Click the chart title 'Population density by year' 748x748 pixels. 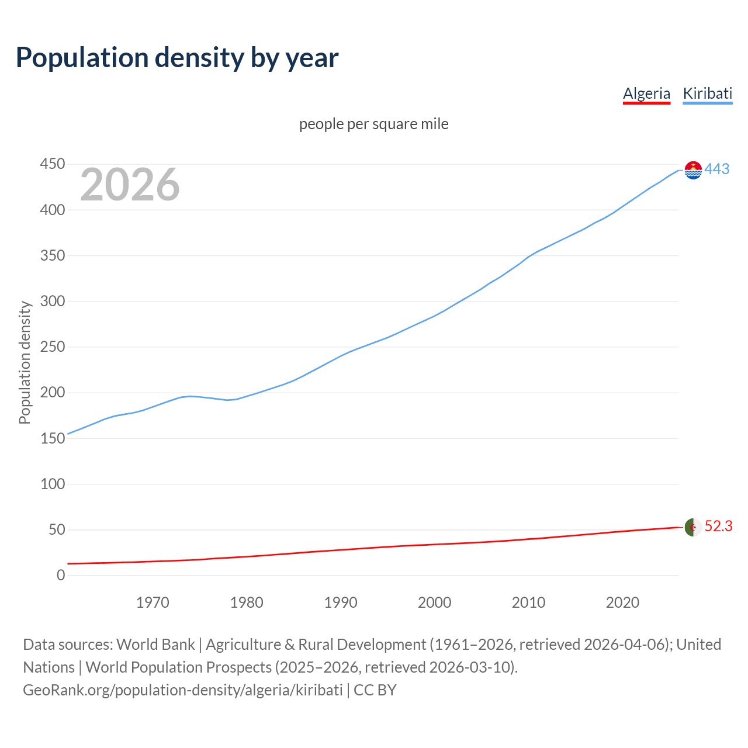point(177,58)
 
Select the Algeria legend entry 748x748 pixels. point(646,93)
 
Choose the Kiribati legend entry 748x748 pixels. point(707,93)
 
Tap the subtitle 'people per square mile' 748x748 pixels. point(373,124)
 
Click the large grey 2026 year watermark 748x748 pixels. point(130,185)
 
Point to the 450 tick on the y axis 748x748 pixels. point(52,164)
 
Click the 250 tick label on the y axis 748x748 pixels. point(52,347)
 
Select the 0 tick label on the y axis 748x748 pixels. point(61,576)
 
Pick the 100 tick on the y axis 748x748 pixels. point(52,484)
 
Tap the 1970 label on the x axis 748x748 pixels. point(153,602)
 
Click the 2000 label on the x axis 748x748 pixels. point(434,602)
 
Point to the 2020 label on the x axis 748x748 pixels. point(622,602)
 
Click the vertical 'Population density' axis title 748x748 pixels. point(25,362)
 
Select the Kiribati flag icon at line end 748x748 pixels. point(693,170)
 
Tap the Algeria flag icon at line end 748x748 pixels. point(693,527)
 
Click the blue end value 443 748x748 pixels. point(717,169)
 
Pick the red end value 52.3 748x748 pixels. point(718,527)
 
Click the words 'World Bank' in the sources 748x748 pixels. point(155,645)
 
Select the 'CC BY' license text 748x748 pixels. point(375,690)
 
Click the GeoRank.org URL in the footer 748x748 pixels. point(182,690)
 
